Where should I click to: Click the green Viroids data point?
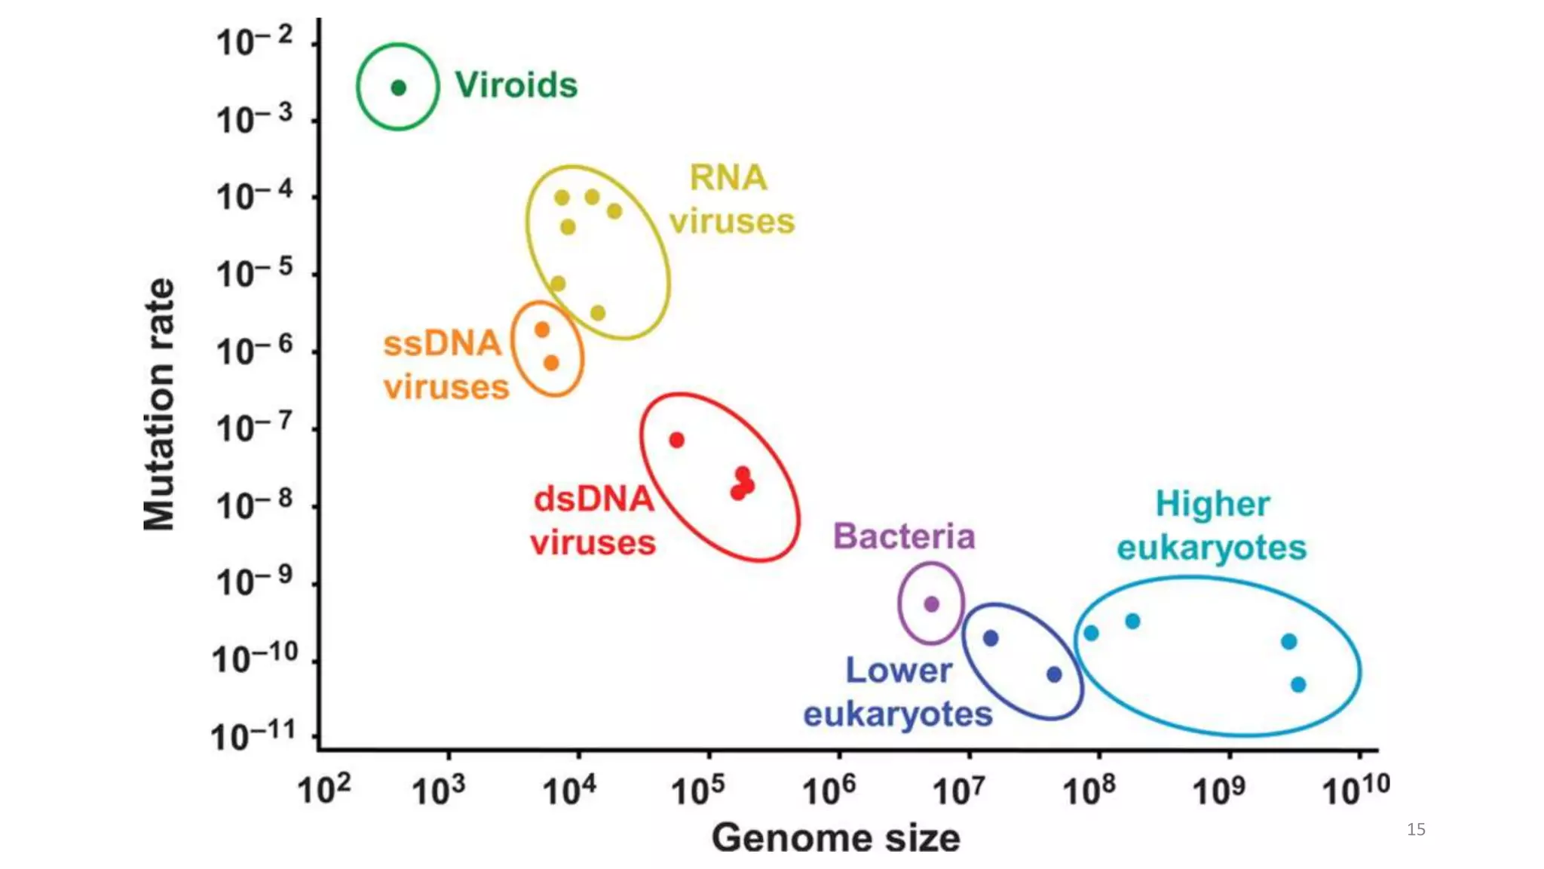(399, 88)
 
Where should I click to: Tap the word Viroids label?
(516, 84)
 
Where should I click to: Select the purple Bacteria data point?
(932, 603)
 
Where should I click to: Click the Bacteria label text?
(904, 536)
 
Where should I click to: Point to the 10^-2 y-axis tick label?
(254, 41)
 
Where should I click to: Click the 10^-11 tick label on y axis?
(253, 735)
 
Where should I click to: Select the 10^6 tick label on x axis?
(829, 790)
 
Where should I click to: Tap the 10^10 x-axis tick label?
(1356, 790)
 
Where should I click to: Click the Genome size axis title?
(835, 837)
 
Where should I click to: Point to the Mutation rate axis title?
(159, 404)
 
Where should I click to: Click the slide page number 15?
(1416, 829)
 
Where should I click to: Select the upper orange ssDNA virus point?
(542, 330)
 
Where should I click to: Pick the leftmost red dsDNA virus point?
(677, 440)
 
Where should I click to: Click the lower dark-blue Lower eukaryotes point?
(1055, 674)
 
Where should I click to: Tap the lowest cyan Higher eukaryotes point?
(1298, 685)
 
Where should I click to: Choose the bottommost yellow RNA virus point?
(598, 312)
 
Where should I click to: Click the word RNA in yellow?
(728, 178)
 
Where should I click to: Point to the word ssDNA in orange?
(442, 343)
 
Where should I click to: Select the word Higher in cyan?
(1212, 504)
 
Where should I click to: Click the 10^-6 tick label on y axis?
(254, 351)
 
